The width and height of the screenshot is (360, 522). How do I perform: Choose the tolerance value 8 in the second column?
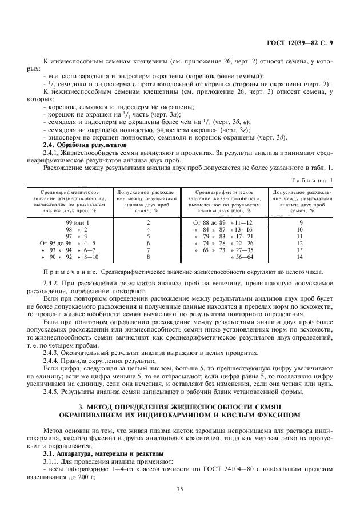(x=149, y=257)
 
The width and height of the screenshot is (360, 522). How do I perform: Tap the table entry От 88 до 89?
(x=210, y=221)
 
